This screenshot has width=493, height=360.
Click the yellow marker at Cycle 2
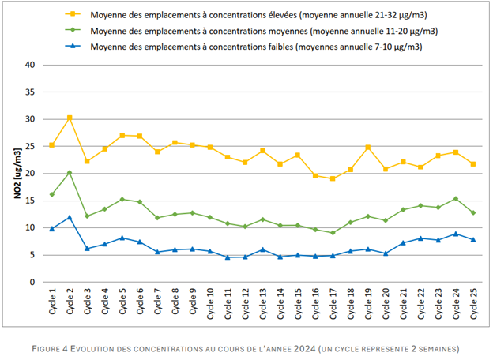click(70, 118)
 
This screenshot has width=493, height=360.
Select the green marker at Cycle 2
click(70, 172)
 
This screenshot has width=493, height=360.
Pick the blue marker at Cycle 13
click(263, 249)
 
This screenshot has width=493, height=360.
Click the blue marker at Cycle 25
click(473, 240)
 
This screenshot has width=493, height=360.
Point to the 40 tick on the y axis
click(32, 65)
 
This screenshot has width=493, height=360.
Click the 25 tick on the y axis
click(32, 146)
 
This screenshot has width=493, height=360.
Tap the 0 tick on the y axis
click(34, 282)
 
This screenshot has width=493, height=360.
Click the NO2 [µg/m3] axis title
click(16, 173)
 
